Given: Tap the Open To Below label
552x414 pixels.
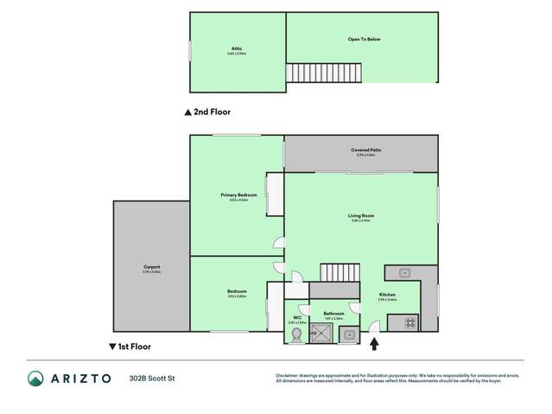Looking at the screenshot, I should tap(365, 40).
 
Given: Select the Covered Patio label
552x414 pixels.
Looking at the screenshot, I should tap(366, 150).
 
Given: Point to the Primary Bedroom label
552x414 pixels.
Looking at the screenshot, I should tap(238, 195).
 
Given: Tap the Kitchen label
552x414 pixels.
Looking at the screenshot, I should tap(387, 295).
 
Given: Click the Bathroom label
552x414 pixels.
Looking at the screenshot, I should tap(333, 314).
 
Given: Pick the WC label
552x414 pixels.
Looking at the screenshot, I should tap(297, 317).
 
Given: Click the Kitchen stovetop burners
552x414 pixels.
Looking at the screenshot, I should tap(410, 323).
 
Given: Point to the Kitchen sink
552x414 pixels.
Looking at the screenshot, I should tap(403, 273).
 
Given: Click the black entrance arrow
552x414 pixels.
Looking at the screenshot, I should tap(374, 344).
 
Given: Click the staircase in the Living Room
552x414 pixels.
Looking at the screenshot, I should tap(339, 273).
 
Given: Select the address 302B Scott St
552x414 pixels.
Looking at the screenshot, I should tap(152, 379).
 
